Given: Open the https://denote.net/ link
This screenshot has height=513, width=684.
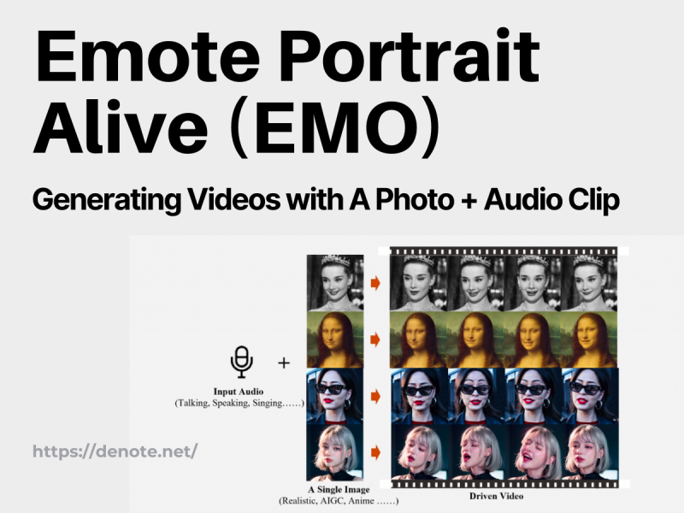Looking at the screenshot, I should (x=115, y=451).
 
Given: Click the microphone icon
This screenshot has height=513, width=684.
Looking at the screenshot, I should (x=242, y=362).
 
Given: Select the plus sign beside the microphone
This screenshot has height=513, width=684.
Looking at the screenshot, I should (x=284, y=363).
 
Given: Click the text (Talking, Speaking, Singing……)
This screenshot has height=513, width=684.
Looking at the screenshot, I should (x=239, y=402).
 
